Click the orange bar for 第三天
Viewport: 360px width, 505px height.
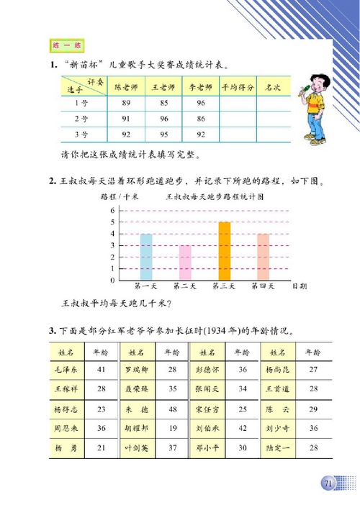click(225, 251)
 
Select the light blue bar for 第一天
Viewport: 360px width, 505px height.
click(146, 257)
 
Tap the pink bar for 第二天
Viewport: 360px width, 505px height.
click(185, 263)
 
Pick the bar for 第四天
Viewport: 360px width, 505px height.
click(264, 257)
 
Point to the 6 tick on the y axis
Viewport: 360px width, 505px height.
click(112, 210)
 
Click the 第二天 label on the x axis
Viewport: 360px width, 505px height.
click(185, 286)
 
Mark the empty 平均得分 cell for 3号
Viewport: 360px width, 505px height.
click(236, 134)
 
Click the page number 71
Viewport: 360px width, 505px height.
click(328, 483)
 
